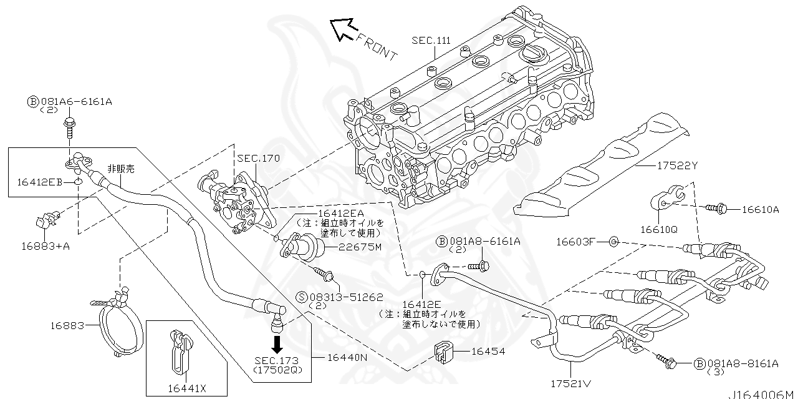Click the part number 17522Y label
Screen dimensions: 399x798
(676, 166)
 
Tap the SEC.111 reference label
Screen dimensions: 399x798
(430, 40)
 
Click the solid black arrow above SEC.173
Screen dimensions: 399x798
(277, 344)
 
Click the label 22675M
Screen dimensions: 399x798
(359, 247)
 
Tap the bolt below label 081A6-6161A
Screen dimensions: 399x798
(69, 129)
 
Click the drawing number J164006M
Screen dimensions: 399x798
(761, 394)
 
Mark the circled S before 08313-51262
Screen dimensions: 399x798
(302, 298)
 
